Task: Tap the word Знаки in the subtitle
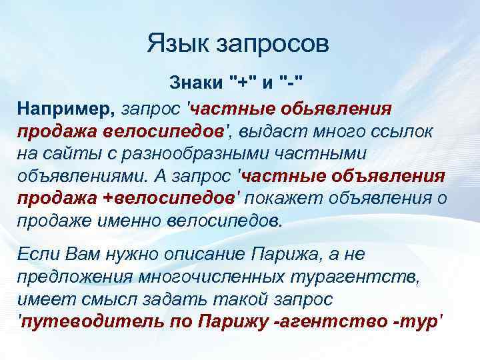click(x=196, y=85)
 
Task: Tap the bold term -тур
click(x=413, y=322)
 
